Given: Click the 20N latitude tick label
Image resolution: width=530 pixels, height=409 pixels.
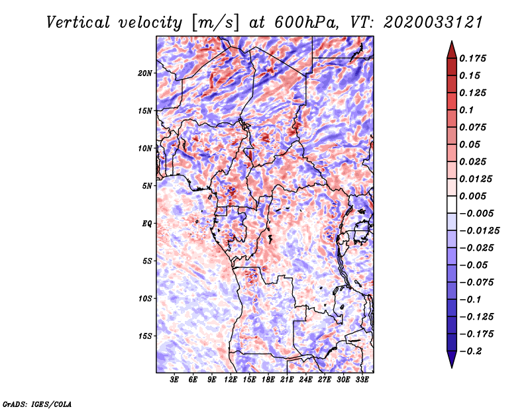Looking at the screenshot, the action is click(144, 73).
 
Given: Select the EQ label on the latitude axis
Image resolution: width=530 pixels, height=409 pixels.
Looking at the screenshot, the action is click(147, 224).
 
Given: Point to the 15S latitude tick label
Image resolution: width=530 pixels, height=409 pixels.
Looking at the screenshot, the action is click(144, 336).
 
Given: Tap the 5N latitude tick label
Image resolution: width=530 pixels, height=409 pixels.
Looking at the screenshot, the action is click(147, 186).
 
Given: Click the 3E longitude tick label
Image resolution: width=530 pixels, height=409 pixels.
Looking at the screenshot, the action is click(174, 380).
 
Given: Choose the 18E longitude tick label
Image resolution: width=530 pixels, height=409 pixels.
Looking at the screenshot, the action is click(268, 380).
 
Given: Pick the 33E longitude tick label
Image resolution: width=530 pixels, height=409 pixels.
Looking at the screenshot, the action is click(362, 380).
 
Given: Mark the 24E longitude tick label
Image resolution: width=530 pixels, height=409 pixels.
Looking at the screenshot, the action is click(305, 380).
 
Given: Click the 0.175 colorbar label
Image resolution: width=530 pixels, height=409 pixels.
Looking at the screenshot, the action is click(472, 58).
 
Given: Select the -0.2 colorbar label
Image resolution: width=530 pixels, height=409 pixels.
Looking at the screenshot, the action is click(470, 351).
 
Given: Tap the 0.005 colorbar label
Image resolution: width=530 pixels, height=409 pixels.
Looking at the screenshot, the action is click(472, 196).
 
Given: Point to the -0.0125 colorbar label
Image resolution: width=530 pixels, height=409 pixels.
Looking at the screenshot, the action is click(479, 231).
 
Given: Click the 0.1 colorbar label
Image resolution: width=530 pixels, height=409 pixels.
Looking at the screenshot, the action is click(466, 110).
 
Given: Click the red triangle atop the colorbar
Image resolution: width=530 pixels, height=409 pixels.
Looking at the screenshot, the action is click(452, 50).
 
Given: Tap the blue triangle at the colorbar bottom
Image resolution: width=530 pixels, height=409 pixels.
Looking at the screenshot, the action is click(452, 359).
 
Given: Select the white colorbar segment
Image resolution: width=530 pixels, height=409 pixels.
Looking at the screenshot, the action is click(452, 204).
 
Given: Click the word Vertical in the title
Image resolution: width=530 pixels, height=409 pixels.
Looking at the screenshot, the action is click(78, 23).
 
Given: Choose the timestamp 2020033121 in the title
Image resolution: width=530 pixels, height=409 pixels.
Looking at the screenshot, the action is click(433, 23).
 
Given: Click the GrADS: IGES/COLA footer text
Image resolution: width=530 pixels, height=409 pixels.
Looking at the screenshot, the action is click(37, 404).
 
